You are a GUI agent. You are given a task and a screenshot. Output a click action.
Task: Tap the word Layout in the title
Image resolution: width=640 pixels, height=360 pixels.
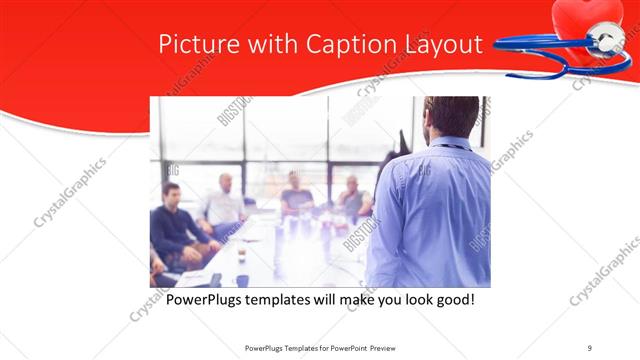(x=444, y=46)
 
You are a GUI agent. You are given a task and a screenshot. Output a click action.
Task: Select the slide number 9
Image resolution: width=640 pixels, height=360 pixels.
(x=589, y=347)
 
